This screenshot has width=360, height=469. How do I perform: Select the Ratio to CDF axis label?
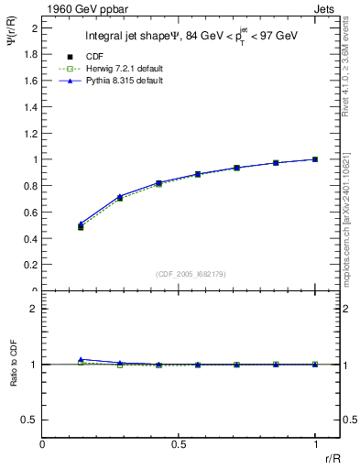(12, 376)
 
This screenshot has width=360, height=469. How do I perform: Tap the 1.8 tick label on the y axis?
(29, 54)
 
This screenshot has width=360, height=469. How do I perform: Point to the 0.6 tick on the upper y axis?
(29, 212)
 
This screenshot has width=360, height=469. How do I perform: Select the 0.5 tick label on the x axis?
(179, 445)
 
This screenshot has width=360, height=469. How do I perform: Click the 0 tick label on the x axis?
(42, 445)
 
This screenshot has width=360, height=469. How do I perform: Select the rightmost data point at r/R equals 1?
(315, 159)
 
